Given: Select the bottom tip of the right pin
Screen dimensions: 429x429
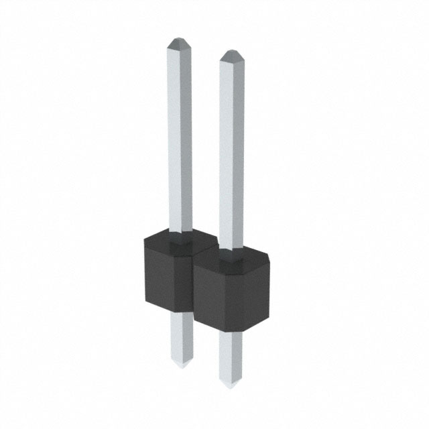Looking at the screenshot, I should [231, 387].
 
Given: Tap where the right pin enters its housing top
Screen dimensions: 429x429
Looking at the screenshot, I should [231, 253].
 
